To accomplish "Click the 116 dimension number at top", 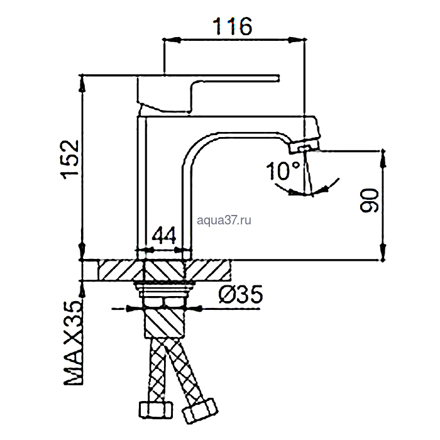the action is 233,26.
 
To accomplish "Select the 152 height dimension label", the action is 70,160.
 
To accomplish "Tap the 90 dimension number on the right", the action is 370,201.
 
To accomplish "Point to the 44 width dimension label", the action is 164,235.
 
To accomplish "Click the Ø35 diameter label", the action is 241,294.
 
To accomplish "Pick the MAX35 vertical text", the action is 74,343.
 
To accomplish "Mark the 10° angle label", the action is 283,170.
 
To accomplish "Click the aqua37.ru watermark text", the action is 224,220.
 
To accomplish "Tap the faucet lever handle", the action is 208,93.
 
